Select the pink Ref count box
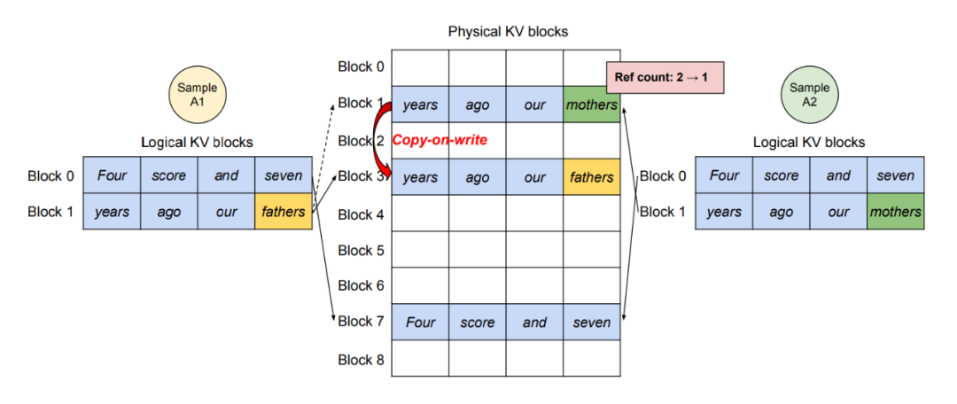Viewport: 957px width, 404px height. (665, 77)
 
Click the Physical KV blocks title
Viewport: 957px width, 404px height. (509, 31)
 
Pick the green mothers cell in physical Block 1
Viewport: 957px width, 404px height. (591, 105)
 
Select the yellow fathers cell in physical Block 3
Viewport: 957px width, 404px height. (591, 177)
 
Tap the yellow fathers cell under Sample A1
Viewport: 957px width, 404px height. (284, 212)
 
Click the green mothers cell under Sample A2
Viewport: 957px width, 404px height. (895, 212)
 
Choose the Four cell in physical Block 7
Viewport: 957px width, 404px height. (420, 322)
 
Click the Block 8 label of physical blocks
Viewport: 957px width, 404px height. (362, 360)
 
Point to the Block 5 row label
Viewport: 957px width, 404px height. (362, 250)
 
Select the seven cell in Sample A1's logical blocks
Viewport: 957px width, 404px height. (284, 175)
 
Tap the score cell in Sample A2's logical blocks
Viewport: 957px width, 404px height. (781, 175)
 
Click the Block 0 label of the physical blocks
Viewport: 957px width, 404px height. (362, 66)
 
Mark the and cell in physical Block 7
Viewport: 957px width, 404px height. (534, 322)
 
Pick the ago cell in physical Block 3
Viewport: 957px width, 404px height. (478, 177)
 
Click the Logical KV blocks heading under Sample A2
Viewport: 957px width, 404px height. (809, 143)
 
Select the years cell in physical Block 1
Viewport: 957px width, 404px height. (420, 105)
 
